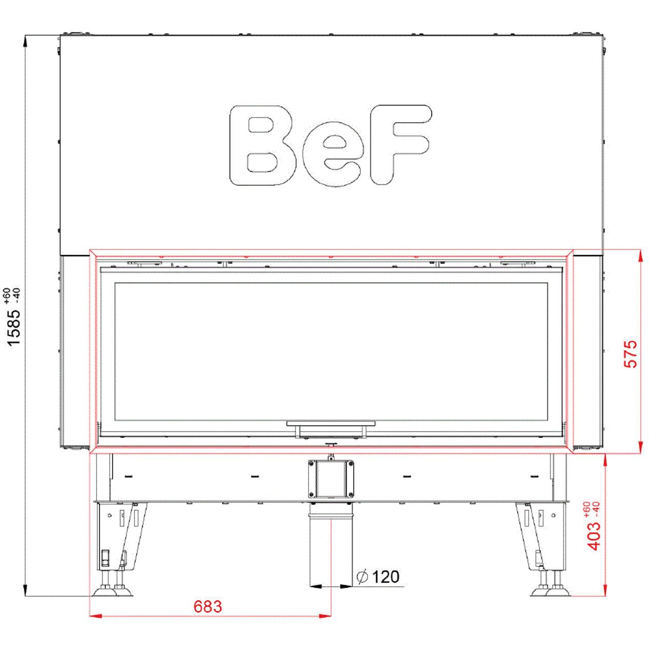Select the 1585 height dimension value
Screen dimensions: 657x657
tap(14, 327)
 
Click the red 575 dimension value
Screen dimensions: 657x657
tap(630, 354)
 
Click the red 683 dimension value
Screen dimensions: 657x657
tap(208, 607)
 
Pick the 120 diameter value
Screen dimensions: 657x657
tap(385, 576)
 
